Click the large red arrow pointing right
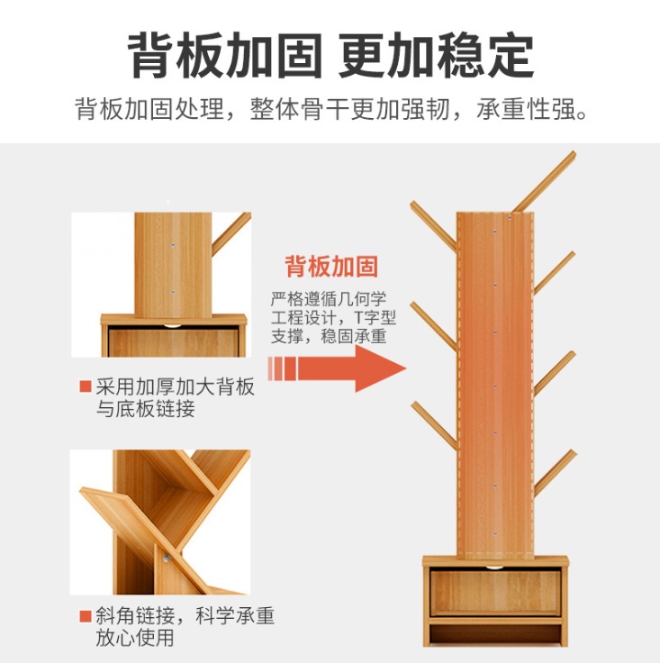click(x=337, y=368)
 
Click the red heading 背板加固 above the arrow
click(x=331, y=266)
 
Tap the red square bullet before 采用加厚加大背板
click(x=86, y=386)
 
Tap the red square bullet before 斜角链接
click(x=86, y=616)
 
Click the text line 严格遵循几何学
click(x=329, y=298)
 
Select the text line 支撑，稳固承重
click(x=329, y=336)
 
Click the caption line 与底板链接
click(x=145, y=408)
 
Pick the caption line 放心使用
click(x=135, y=638)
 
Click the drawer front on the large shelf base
click(x=495, y=592)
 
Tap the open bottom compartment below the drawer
click(x=495, y=634)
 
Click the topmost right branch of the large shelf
click(x=545, y=181)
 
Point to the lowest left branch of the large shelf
click(x=434, y=425)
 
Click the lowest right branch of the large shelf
click(x=555, y=473)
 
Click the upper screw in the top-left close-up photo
click(x=172, y=245)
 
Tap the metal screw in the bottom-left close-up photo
click(x=167, y=559)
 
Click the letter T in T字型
click(x=358, y=318)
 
